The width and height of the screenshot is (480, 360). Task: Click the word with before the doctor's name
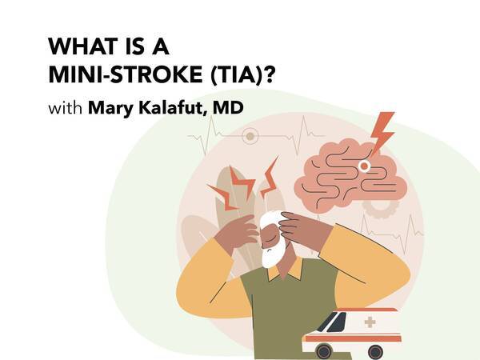65,106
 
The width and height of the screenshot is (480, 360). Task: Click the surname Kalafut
174,106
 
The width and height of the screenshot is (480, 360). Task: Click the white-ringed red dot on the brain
365,166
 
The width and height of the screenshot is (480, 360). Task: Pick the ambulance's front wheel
323,349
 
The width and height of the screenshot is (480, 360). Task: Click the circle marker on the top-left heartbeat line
250,136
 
